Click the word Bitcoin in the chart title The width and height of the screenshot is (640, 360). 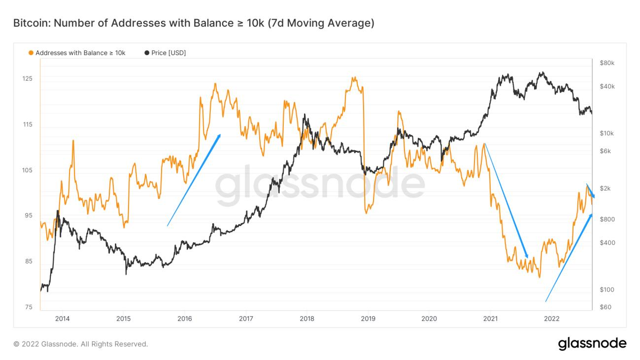[x=29, y=23]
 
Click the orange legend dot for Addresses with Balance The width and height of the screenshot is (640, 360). [x=31, y=53]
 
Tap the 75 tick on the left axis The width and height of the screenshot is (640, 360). [x=29, y=307]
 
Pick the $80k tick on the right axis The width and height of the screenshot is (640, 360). [x=607, y=63]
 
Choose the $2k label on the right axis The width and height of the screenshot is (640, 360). [x=605, y=189]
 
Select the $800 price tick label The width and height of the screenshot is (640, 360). [x=606, y=219]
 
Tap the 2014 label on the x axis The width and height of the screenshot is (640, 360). [x=63, y=319]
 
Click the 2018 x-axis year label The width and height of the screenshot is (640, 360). [x=307, y=319]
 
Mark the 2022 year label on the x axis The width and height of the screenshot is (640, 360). [x=551, y=319]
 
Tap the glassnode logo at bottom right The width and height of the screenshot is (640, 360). [x=592, y=343]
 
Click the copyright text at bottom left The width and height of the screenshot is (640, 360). [x=81, y=344]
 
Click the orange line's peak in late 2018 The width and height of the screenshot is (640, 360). [x=354, y=78]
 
